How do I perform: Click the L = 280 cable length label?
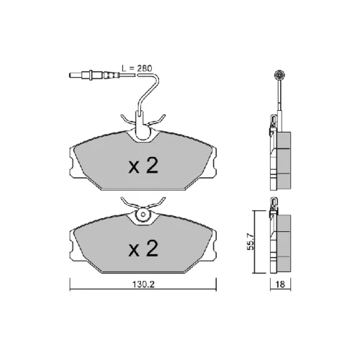(x=137, y=68)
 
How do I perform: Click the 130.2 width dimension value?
(x=144, y=284)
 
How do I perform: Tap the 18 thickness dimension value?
(x=280, y=284)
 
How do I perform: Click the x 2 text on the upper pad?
(x=143, y=166)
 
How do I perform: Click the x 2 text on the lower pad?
(x=143, y=248)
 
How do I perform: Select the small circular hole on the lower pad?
(x=143, y=214)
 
